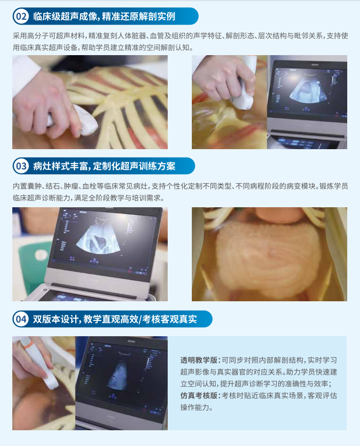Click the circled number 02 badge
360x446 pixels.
(x=22, y=17)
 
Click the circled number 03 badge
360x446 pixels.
(x=22, y=166)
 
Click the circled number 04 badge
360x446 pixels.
(x=22, y=319)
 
